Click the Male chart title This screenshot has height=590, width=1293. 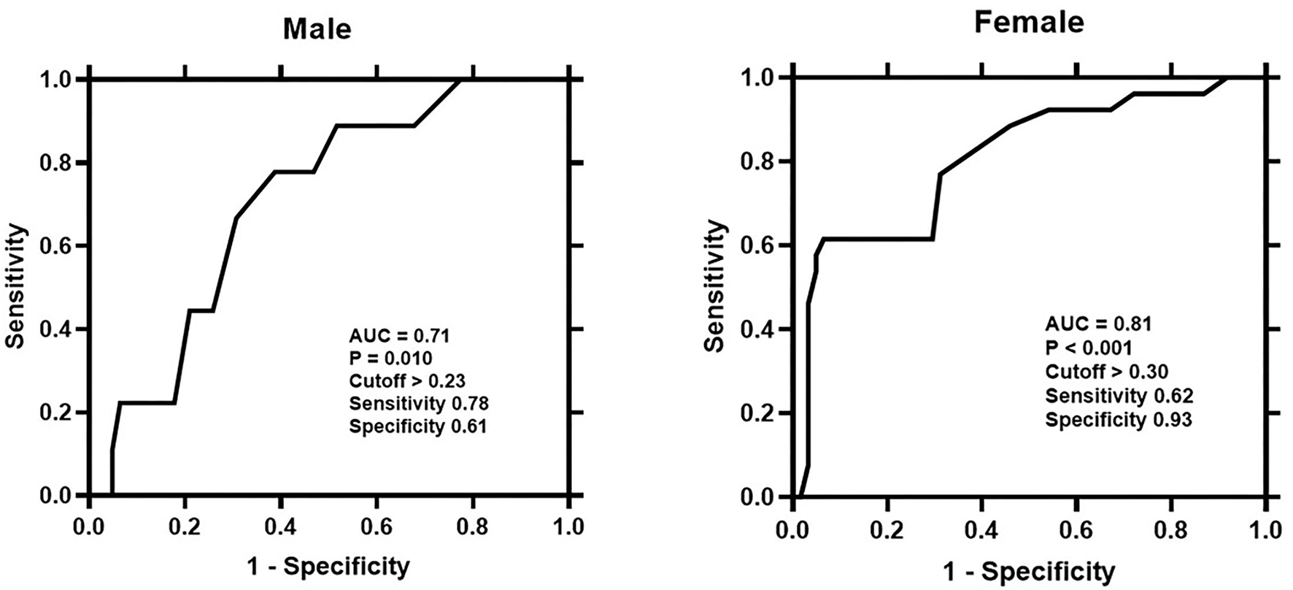click(317, 29)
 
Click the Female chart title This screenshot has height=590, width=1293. click(1029, 23)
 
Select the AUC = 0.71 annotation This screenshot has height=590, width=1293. click(399, 336)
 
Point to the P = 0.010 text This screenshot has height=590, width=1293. click(390, 359)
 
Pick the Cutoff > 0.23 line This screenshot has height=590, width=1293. click(407, 381)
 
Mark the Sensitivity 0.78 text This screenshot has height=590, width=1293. click(419, 404)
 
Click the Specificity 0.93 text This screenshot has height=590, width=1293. click(1118, 420)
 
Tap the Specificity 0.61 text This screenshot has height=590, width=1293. click(417, 426)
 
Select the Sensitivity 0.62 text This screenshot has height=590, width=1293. click(1119, 396)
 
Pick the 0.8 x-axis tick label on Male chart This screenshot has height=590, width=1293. click(472, 527)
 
